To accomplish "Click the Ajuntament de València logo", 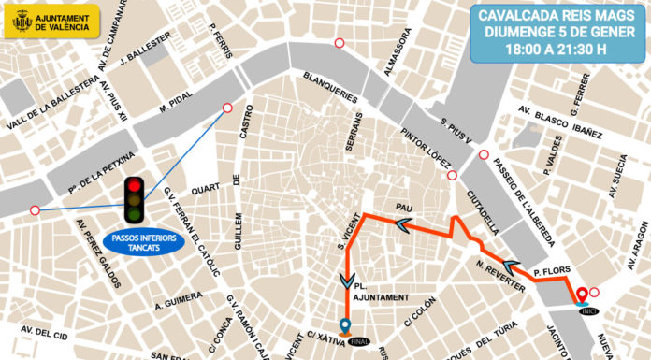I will tap(51, 21).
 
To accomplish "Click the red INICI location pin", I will tap(582, 295).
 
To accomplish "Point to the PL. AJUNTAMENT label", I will tap(379, 291).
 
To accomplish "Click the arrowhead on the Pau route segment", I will tap(402, 224).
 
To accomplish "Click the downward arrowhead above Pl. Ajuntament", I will tap(348, 280).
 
